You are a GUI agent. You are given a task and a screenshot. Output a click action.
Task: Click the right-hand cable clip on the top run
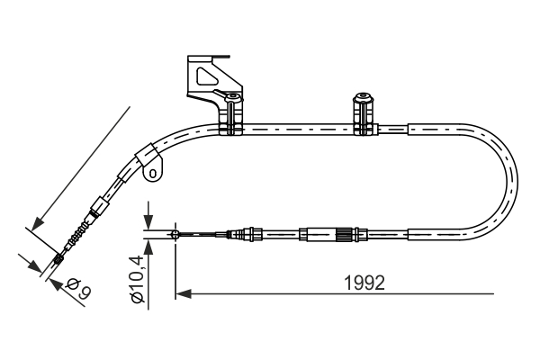[x=364, y=115]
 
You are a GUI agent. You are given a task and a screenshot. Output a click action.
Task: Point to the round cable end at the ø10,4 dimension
[x=175, y=236]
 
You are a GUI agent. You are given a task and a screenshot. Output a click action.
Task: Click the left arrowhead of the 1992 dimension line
[x=181, y=292]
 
